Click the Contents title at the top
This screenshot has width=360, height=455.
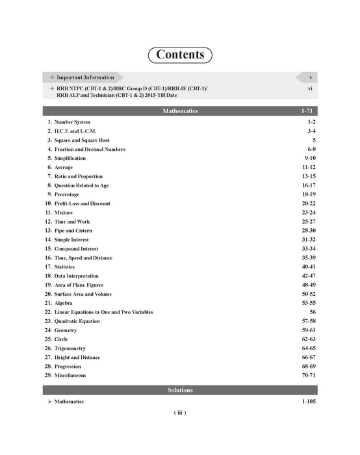click(180, 55)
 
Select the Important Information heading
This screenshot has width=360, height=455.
click(85, 77)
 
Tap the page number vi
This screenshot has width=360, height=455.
click(311, 86)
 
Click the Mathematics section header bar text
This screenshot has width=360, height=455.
click(180, 111)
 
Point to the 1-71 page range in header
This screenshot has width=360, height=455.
click(307, 111)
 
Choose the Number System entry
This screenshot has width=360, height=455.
click(73, 122)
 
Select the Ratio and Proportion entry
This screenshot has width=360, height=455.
click(79, 177)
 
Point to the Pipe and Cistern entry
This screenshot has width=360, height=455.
click(73, 231)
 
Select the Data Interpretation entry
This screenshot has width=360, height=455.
click(80, 276)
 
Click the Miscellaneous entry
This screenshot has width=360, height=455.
click(71, 376)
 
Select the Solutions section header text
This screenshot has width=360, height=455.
click(180, 390)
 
